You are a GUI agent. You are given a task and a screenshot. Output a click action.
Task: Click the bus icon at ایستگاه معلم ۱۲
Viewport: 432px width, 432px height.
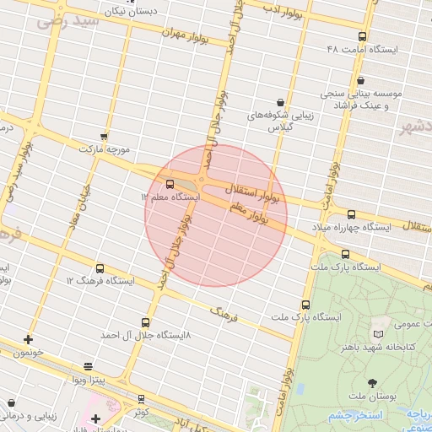point(170,184)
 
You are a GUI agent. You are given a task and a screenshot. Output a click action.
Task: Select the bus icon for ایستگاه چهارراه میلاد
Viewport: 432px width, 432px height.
point(351,215)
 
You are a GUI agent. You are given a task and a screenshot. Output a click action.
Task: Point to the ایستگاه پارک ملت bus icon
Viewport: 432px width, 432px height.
point(345,254)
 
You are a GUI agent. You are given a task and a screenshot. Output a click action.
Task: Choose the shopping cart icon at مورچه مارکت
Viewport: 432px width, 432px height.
point(104,136)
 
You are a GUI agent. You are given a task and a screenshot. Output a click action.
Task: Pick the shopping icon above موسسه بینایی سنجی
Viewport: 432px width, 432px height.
point(361,80)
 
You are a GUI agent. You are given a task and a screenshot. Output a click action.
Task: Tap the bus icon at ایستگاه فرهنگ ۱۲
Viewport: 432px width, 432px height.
point(100,268)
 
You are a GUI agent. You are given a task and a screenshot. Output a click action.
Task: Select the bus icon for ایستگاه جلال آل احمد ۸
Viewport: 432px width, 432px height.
point(146,322)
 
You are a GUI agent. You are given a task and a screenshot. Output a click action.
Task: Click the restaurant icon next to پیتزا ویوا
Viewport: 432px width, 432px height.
point(89,367)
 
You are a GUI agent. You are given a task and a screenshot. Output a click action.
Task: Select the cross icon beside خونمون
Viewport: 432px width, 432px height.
point(29,339)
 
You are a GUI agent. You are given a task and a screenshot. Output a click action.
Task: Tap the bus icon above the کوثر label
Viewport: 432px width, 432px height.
point(141,398)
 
